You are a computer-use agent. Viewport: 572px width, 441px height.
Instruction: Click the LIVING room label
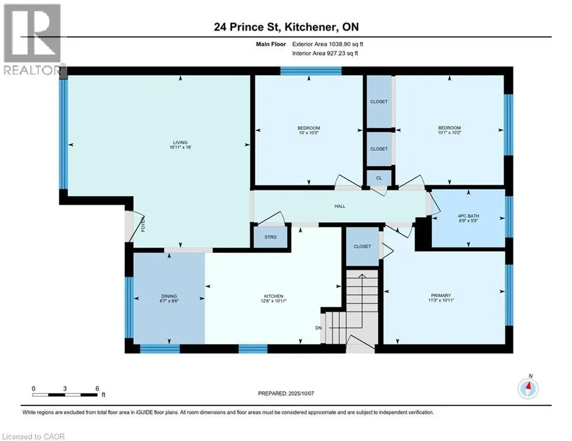tap(180, 142)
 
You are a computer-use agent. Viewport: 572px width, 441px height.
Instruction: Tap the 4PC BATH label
tap(469, 216)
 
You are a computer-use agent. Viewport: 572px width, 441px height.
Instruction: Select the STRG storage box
tap(270, 237)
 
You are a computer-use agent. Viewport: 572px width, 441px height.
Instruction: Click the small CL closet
tap(379, 178)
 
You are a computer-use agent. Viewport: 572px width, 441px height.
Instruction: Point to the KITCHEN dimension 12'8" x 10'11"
tap(274, 301)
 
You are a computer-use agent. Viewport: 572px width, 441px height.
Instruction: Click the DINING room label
tap(169, 296)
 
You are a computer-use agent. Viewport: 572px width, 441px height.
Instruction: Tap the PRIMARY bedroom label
tap(441, 296)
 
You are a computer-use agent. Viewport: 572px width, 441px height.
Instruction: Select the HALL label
tap(340, 206)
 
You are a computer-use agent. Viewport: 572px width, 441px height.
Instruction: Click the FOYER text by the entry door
tap(143, 224)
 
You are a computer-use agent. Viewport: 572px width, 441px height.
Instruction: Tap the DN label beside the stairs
tap(318, 328)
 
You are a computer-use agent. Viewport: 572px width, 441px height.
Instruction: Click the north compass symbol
tap(528, 388)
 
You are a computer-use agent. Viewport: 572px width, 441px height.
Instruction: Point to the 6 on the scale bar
tap(97, 389)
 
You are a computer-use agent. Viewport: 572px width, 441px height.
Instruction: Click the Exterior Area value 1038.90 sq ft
tap(346, 44)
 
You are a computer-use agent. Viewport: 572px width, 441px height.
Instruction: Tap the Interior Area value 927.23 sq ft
tap(342, 53)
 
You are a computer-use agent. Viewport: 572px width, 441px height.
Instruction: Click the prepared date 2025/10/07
tap(301, 393)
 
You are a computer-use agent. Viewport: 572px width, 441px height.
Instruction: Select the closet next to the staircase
tap(362, 247)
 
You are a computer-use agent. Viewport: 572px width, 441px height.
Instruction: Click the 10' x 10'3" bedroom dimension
tap(309, 133)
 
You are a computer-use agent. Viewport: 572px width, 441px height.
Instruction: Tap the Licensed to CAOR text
tap(33, 436)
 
